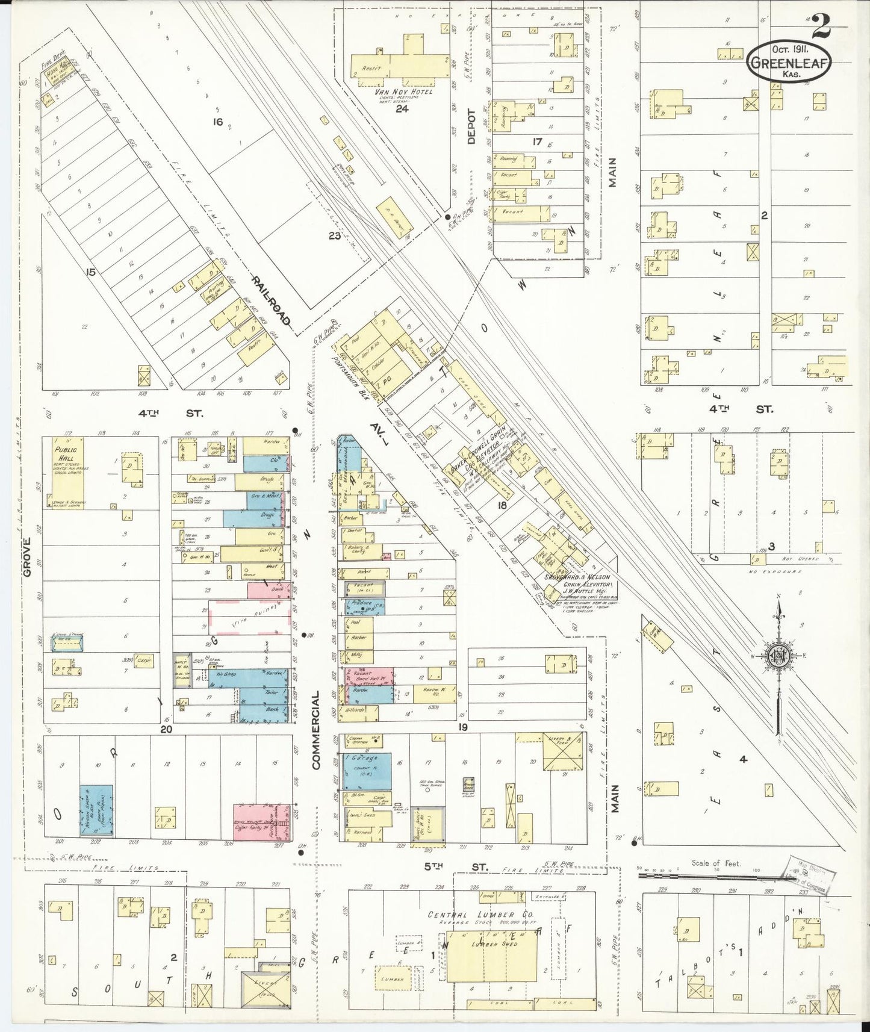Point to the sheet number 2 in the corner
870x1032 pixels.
click(820, 25)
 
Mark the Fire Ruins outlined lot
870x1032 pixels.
click(247, 617)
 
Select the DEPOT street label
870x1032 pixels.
click(471, 127)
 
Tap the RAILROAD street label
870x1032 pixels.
click(272, 302)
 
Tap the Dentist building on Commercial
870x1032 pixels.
click(359, 532)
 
